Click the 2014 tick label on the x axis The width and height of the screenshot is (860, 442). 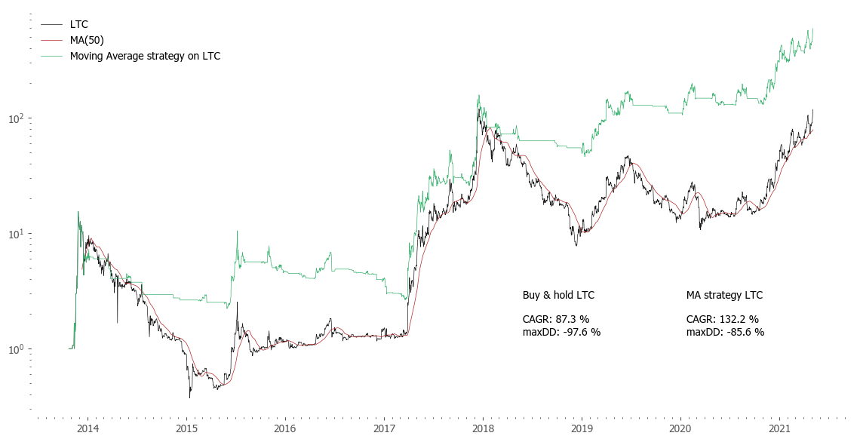[x=88, y=428]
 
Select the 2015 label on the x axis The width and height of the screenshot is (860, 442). [x=186, y=428]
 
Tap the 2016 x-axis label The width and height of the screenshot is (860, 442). [x=285, y=428]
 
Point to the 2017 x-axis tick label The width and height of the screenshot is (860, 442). [x=384, y=428]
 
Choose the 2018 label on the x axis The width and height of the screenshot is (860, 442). [x=483, y=428]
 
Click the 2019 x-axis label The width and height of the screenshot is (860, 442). [x=582, y=428]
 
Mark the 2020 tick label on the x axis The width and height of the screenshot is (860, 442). [x=680, y=428]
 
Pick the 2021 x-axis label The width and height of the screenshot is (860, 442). [x=779, y=428]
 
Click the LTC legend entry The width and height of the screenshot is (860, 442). [x=79, y=25]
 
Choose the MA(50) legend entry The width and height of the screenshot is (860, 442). [x=87, y=40]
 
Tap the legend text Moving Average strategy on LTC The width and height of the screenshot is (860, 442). [x=145, y=56]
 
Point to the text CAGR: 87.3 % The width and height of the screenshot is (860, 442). [x=556, y=319]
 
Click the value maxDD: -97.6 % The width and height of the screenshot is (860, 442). [x=561, y=332]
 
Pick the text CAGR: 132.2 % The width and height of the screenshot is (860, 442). [x=722, y=319]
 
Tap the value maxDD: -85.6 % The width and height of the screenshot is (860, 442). [x=725, y=332]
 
